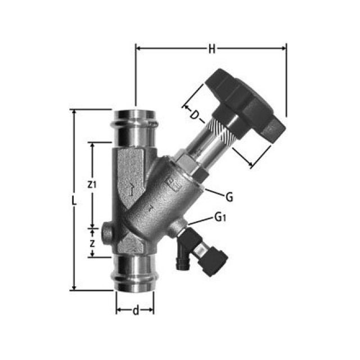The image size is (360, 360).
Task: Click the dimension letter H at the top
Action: (x=211, y=49)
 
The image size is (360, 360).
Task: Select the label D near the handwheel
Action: (x=195, y=116)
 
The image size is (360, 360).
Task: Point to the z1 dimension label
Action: (x=93, y=184)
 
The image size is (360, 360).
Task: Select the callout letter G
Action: (x=228, y=197)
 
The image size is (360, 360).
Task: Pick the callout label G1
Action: (x=220, y=217)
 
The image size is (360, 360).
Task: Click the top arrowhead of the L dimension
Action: (x=73, y=112)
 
